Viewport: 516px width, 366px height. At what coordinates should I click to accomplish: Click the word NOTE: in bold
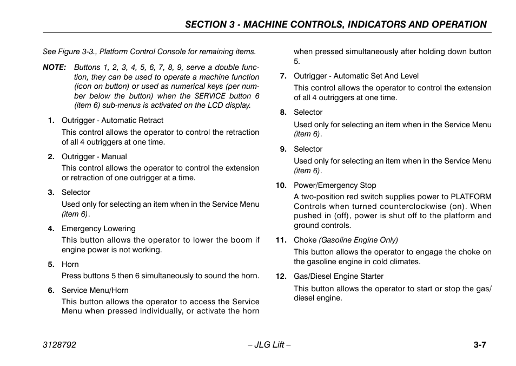(x=54, y=68)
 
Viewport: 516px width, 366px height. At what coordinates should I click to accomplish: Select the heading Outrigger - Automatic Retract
(x=112, y=120)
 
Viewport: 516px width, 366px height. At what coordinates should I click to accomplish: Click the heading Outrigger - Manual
(x=94, y=156)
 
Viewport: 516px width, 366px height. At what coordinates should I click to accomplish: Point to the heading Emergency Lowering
(x=98, y=228)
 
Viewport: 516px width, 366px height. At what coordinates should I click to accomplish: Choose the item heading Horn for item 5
(x=70, y=264)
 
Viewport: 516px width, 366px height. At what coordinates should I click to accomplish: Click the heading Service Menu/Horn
(x=95, y=290)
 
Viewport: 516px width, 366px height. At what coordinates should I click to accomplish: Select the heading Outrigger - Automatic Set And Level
(x=356, y=76)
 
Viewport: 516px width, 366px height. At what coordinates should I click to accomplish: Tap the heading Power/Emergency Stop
(x=335, y=185)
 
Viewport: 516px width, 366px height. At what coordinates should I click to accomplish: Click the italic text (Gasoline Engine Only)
(x=358, y=240)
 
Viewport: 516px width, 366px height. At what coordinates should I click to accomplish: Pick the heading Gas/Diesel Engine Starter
(x=339, y=276)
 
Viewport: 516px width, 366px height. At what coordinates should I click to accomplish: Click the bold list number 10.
(x=281, y=185)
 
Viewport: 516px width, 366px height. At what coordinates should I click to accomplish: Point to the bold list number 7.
(x=283, y=76)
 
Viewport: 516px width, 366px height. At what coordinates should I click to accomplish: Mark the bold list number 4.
(x=51, y=228)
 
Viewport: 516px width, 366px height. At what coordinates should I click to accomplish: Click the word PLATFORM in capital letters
(x=471, y=197)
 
